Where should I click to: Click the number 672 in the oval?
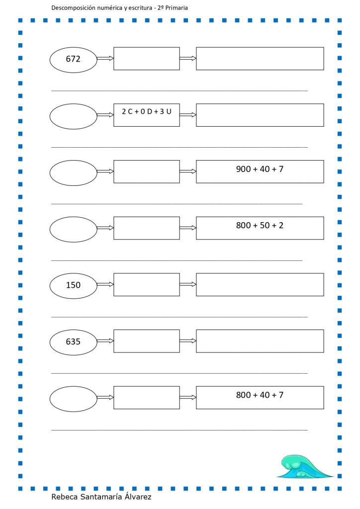point(73,59)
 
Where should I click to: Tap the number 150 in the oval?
point(73,285)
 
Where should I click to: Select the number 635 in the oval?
point(73,341)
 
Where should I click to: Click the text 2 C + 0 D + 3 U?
point(146,111)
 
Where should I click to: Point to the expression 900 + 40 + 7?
point(260,169)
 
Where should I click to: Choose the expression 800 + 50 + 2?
point(260,225)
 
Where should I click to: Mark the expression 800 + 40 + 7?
point(260,395)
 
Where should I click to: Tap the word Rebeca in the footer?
point(64,497)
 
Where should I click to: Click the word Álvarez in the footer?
point(138,497)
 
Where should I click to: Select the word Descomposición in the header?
point(74,8)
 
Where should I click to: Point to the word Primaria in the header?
point(177,8)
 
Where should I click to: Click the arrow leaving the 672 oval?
point(105,59)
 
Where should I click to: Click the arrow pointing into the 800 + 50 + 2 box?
point(188,228)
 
